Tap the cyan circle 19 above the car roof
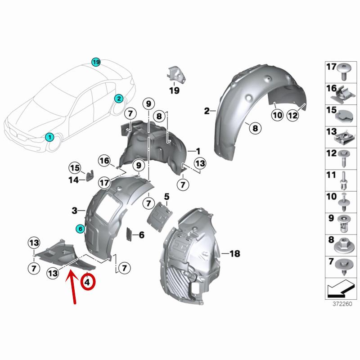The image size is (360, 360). pos(95,62)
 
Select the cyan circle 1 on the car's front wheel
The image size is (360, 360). pos(50,136)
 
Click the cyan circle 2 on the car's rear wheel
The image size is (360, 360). pos(119,98)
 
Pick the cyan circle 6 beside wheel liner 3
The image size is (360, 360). pos(80,229)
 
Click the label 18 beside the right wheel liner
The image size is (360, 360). pos(234,254)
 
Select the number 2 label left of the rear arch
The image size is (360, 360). pos(207,111)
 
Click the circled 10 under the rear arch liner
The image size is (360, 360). pos(277,115)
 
